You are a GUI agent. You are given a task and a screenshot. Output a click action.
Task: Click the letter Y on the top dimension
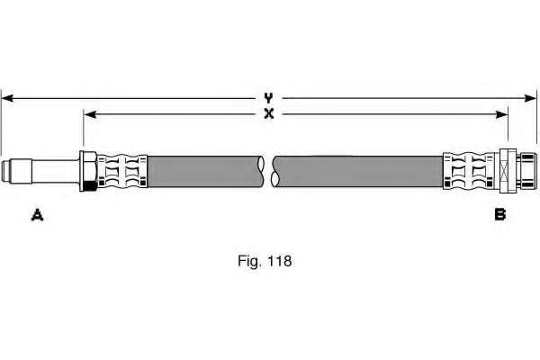coord(268,95)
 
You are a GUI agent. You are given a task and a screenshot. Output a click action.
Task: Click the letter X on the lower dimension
coord(268,114)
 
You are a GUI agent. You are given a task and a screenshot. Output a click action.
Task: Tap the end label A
coord(37,213)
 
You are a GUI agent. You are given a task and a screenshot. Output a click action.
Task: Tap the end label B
coord(499,213)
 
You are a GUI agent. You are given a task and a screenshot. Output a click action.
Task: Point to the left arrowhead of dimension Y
coord(7,95)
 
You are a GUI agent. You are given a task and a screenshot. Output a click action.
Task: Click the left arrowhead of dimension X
coord(88,114)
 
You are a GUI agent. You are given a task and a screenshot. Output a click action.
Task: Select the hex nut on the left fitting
coord(88,170)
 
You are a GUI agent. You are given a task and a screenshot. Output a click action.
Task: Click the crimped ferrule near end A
coord(121,170)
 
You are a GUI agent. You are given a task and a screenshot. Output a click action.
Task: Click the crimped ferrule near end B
coord(468,170)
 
